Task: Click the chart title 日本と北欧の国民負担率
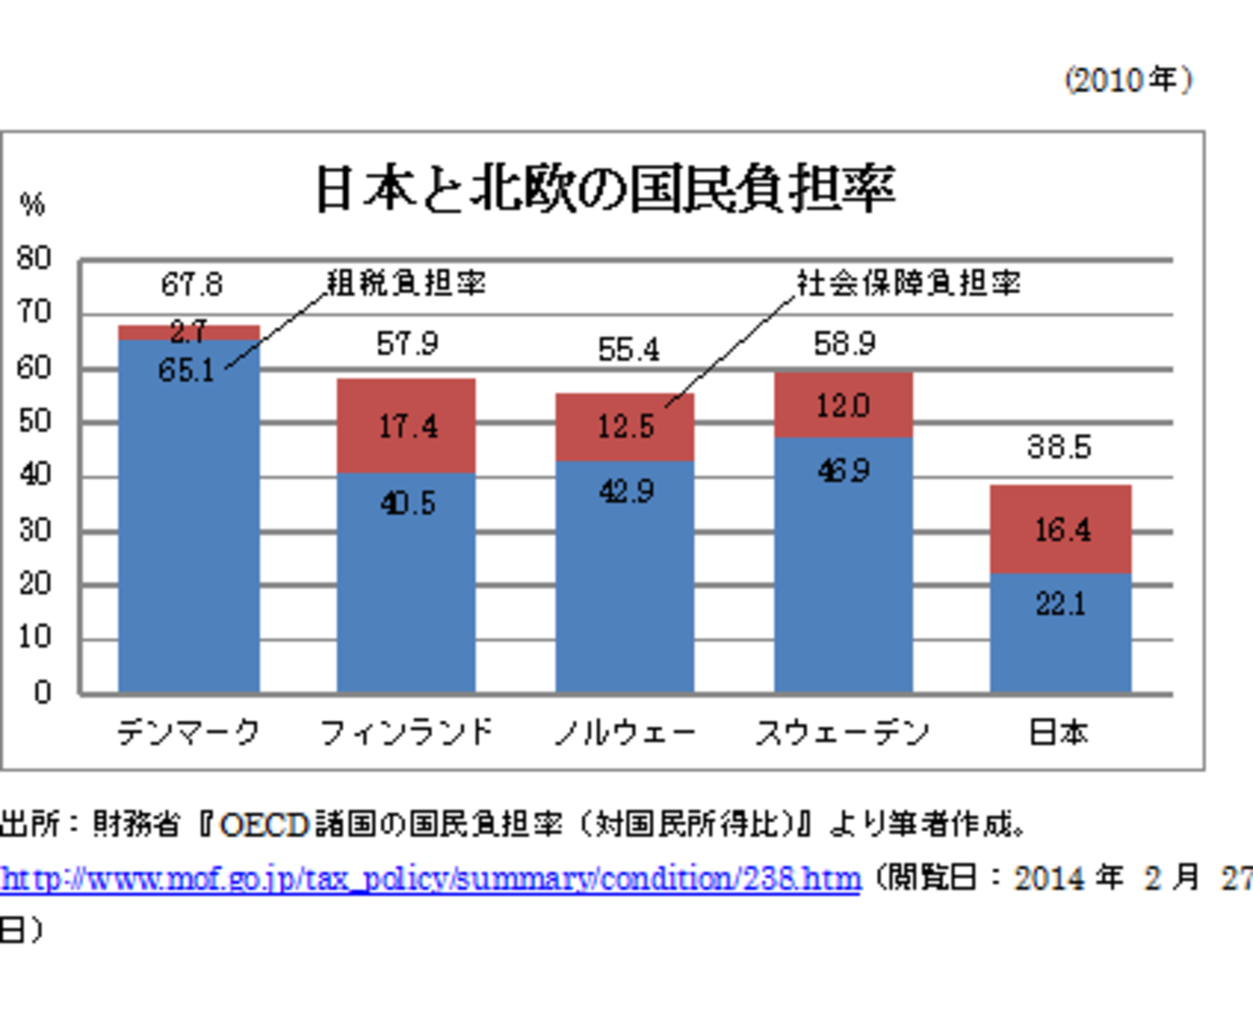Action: pyautogui.click(x=605, y=189)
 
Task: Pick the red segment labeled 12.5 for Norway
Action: pyautogui.click(x=625, y=427)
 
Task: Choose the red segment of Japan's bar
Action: pyautogui.click(x=1060, y=529)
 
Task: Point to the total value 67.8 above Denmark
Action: pyautogui.click(x=191, y=284)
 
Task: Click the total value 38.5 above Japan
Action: pyautogui.click(x=1058, y=447)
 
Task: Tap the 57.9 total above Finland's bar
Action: pyautogui.click(x=407, y=344)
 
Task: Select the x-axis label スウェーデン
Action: pyautogui.click(x=842, y=733)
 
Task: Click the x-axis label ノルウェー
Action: pyautogui.click(x=625, y=733)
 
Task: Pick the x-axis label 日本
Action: pyautogui.click(x=1058, y=733)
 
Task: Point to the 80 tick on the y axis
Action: pyautogui.click(x=34, y=258)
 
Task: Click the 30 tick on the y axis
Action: pyautogui.click(x=34, y=530)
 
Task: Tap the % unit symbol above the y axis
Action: pyautogui.click(x=32, y=204)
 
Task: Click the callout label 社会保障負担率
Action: pyautogui.click(x=908, y=282)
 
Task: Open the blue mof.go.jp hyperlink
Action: pyautogui.click(x=430, y=879)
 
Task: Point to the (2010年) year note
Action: pyautogui.click(x=1128, y=80)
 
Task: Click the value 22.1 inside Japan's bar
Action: pyautogui.click(x=1060, y=604)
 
